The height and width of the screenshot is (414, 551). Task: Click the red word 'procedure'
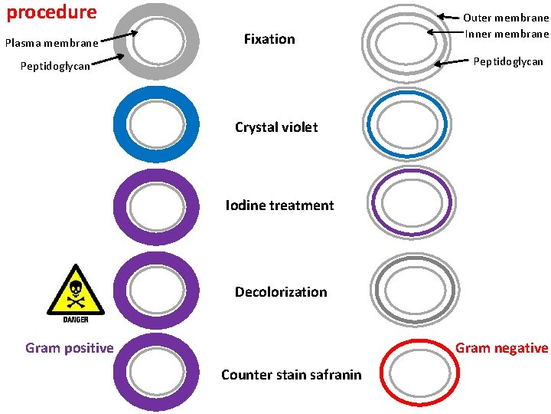coord(52,12)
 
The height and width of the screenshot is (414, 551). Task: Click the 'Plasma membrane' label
coord(51,43)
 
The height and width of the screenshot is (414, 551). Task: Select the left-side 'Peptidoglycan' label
coord(55,66)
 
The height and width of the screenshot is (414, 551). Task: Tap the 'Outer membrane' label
coord(506,18)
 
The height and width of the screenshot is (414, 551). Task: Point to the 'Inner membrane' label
coord(507,33)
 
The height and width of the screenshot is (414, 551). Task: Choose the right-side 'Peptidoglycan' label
coord(508,61)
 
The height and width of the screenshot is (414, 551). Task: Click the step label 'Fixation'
coord(269,38)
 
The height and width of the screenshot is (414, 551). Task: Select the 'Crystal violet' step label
coord(275,127)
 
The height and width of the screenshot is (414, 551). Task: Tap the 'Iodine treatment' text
coord(279,205)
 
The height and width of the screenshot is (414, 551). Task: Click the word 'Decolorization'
coord(280,292)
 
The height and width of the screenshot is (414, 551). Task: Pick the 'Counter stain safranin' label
coord(291,374)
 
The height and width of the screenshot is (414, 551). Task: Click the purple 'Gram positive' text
coord(69,348)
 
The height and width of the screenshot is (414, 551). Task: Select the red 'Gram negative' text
coord(501,348)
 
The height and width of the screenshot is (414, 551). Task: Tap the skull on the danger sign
coord(75,291)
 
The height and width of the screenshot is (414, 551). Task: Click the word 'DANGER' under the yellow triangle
coord(75,319)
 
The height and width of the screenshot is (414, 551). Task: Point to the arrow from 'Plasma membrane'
coord(118,37)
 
